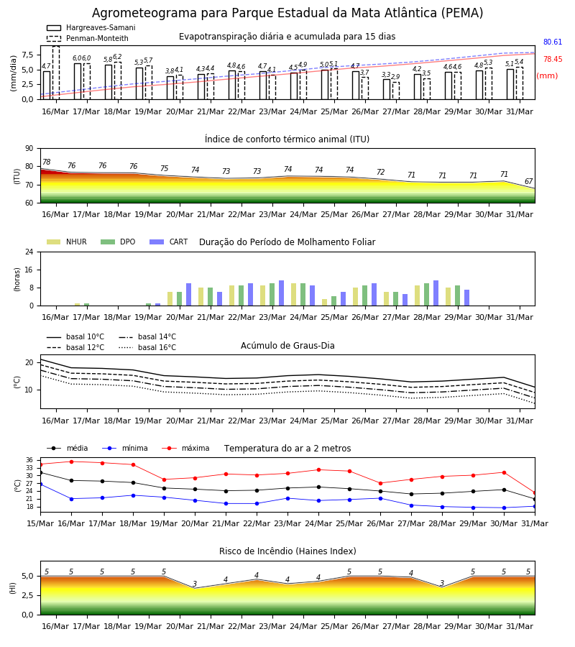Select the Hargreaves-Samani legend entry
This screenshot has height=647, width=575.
tap(91, 27)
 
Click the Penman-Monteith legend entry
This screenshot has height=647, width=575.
tap(88, 38)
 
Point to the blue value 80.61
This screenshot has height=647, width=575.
tap(553, 42)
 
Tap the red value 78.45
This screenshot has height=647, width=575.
tap(553, 60)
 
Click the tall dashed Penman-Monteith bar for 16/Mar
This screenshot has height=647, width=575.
tap(56, 73)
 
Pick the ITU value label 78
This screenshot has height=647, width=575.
tap(47, 162)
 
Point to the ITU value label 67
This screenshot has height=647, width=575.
tap(529, 182)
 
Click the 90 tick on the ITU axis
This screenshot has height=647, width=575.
tap(29, 149)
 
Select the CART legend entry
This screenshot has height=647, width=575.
tap(169, 242)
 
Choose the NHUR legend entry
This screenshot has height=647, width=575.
tap(67, 242)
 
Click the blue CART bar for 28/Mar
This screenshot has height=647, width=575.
tap(436, 293)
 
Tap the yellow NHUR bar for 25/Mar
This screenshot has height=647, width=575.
tap(325, 303)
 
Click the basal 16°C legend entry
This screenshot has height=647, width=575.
tap(147, 347)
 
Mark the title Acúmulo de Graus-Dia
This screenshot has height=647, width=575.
tap(287, 346)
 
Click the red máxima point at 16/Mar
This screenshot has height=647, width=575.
tap(71, 462)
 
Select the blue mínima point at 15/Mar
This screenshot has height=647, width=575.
tap(40, 484)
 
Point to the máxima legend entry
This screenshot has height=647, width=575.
tap(186, 448)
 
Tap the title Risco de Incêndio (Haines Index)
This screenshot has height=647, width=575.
tap(287, 551)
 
